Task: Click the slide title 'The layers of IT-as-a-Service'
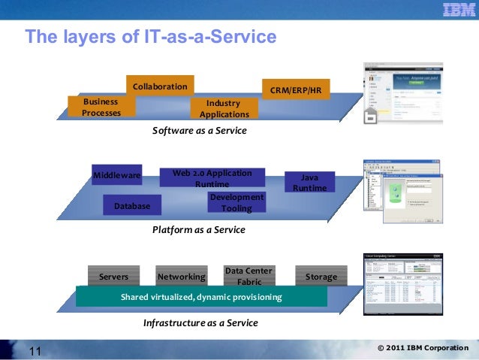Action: pyautogui.click(x=151, y=37)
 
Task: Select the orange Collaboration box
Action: pyautogui.click(x=160, y=86)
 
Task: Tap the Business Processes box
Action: pyautogui.click(x=101, y=107)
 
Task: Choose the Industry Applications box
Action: pyautogui.click(x=224, y=108)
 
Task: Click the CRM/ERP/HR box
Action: pyautogui.click(x=295, y=89)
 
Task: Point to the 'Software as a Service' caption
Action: pyautogui.click(x=200, y=130)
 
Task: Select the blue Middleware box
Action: pyautogui.click(x=116, y=175)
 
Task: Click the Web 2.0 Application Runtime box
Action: pyautogui.click(x=212, y=178)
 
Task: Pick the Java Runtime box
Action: pyautogui.click(x=309, y=183)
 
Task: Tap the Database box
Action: pyautogui.click(x=132, y=205)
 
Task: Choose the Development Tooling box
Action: pyautogui.click(x=236, y=202)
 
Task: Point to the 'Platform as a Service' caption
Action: pyautogui.click(x=199, y=229)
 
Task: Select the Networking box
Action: pyautogui.click(x=182, y=277)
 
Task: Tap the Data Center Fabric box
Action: pyautogui.click(x=249, y=276)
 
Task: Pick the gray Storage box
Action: pyautogui.click(x=321, y=277)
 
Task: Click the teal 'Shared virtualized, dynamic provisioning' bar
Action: pyautogui.click(x=201, y=297)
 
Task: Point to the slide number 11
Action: pyautogui.click(x=35, y=350)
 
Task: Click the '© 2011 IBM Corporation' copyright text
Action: pyautogui.click(x=423, y=348)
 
